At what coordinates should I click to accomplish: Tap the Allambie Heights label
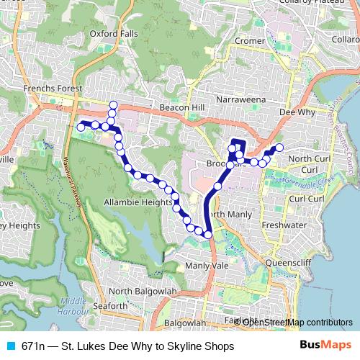[139, 203]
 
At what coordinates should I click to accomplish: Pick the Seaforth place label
[111, 306]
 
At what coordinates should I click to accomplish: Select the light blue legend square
[10, 346]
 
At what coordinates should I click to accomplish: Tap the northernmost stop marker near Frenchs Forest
[112, 106]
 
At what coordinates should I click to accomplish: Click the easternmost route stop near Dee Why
[279, 148]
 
